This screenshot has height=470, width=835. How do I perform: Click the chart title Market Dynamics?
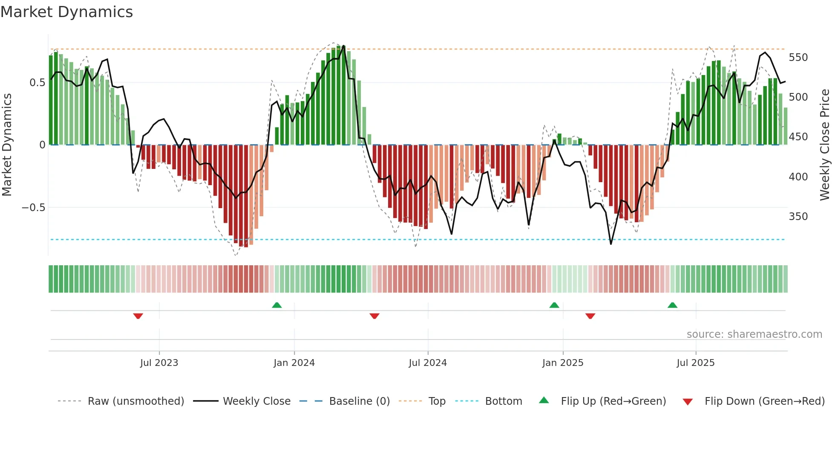click(x=66, y=12)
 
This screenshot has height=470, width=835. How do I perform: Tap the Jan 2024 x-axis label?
click(x=294, y=363)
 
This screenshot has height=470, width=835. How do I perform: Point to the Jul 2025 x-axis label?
click(x=695, y=363)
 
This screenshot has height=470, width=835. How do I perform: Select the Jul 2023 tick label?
click(x=159, y=363)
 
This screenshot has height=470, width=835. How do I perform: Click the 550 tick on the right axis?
click(x=798, y=58)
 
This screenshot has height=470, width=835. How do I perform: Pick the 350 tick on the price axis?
click(x=798, y=217)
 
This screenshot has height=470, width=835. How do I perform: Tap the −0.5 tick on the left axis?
click(x=33, y=208)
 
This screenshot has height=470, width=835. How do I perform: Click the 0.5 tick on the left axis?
click(x=37, y=83)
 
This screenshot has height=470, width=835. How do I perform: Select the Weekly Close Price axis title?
click(x=825, y=145)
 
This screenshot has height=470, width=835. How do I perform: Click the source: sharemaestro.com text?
click(x=754, y=334)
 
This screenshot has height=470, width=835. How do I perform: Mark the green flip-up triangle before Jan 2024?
click(x=277, y=305)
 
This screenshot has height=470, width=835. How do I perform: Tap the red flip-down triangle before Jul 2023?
click(x=138, y=316)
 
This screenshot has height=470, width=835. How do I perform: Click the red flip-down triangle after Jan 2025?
click(x=590, y=316)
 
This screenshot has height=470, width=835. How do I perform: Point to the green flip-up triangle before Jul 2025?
click(x=672, y=305)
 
